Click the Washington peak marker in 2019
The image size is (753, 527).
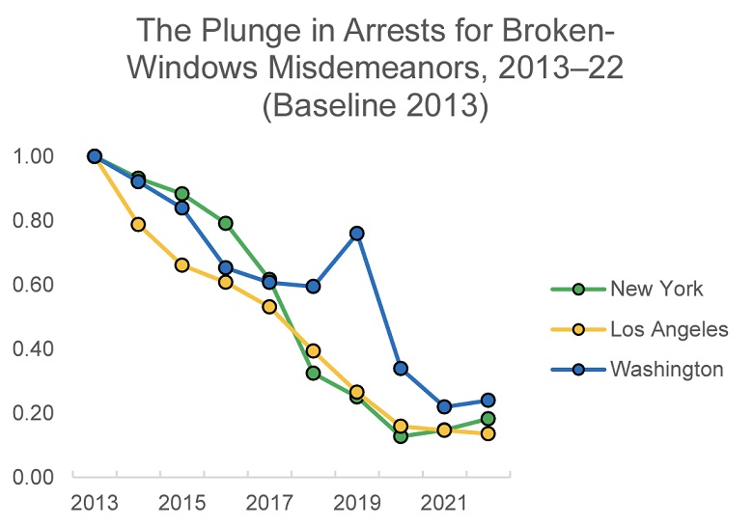tap(357, 234)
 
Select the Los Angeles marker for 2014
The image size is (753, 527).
tap(138, 225)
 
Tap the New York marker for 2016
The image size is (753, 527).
tap(225, 223)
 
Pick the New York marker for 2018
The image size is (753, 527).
tap(313, 373)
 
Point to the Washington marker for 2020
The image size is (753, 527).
tap(401, 368)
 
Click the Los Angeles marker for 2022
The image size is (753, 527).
tap(488, 433)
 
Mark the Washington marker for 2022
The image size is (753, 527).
tap(488, 400)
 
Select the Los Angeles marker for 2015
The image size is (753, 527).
tap(181, 264)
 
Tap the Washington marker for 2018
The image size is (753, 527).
tap(313, 287)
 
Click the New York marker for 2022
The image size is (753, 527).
tap(488, 419)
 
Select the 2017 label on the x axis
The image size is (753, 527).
tap(268, 504)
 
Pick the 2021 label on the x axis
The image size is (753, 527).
tap(444, 504)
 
